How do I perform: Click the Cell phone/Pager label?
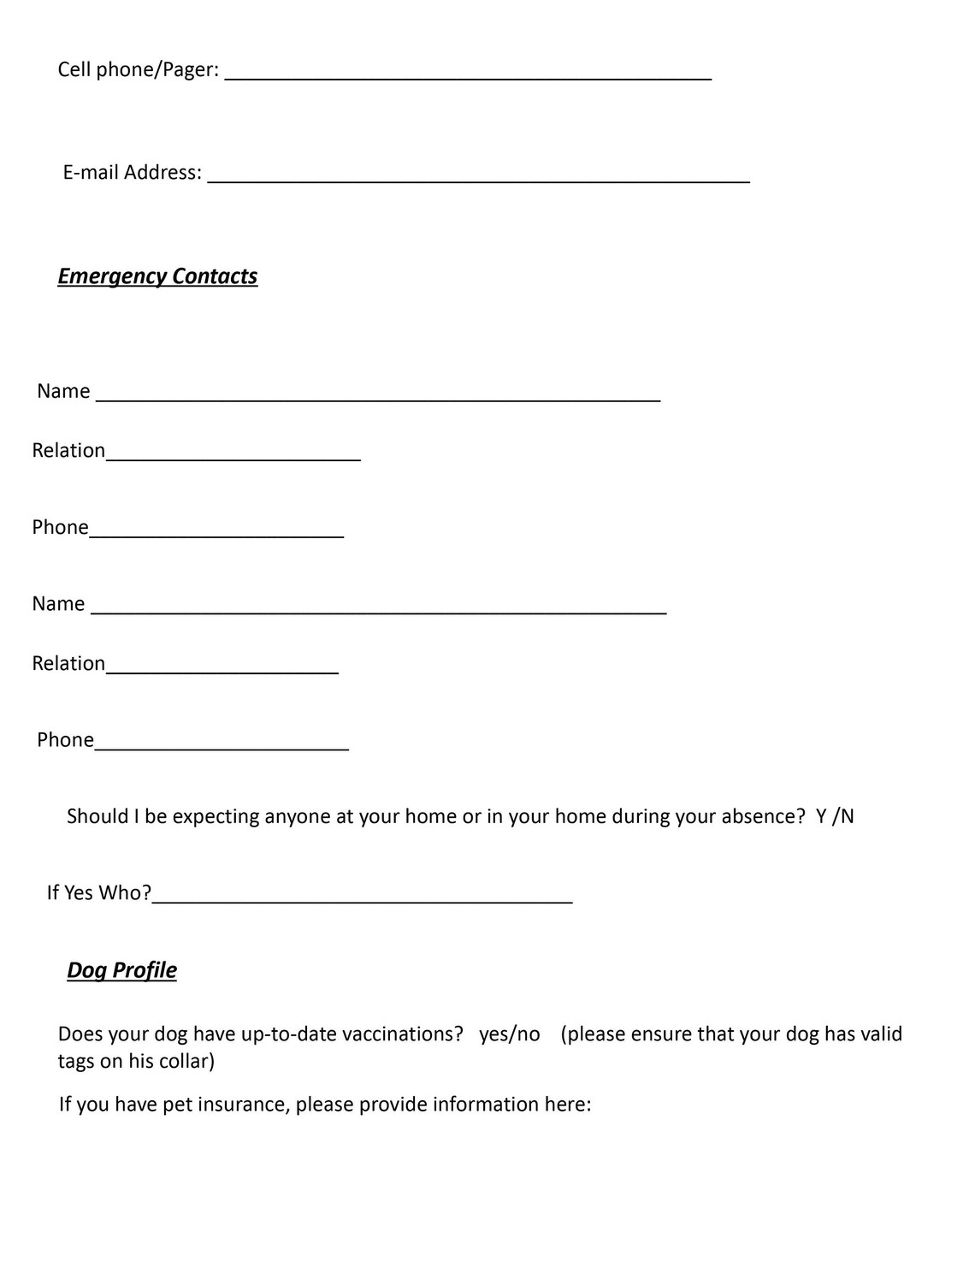click(x=138, y=70)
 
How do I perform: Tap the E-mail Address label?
click(x=133, y=173)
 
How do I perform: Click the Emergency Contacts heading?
click(x=157, y=276)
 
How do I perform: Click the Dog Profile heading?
click(x=121, y=970)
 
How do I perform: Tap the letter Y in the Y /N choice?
click(x=821, y=816)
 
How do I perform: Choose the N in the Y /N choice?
click(x=847, y=816)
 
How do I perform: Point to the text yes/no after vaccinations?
click(x=510, y=1034)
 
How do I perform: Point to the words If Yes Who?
click(x=99, y=893)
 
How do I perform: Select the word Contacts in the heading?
click(x=215, y=276)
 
